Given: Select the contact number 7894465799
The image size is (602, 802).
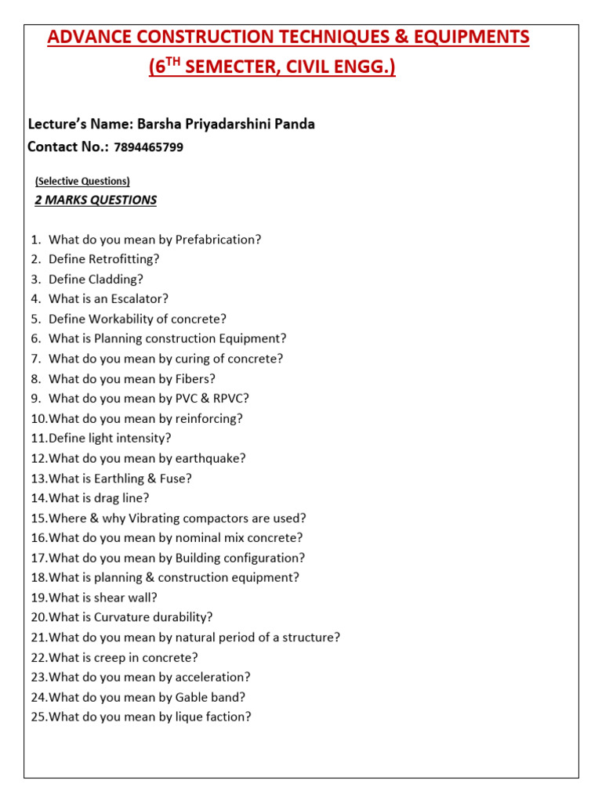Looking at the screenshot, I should [148, 147].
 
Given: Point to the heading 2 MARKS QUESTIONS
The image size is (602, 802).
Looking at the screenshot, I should [96, 200].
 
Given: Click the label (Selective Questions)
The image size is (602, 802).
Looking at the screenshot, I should [82, 181].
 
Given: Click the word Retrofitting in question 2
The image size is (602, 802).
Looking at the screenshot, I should [125, 259].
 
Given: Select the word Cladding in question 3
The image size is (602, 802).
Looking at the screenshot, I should [115, 279].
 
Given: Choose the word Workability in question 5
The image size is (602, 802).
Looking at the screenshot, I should [120, 319].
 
